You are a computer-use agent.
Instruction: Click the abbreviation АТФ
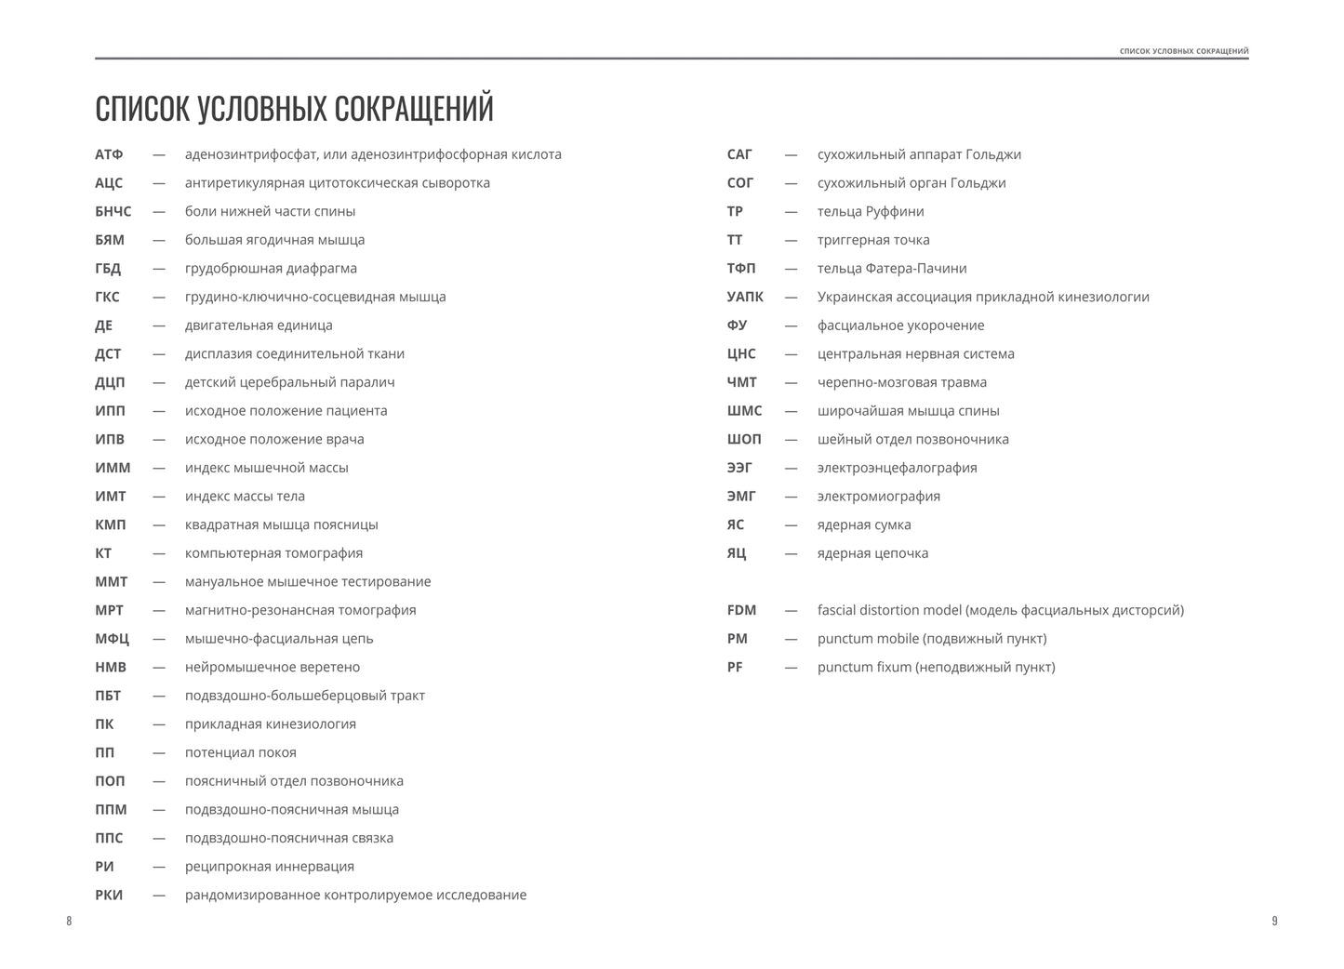(x=109, y=154)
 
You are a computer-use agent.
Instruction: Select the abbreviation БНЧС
(x=113, y=211)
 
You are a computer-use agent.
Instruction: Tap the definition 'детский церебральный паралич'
(x=289, y=382)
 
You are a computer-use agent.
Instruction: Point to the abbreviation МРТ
(x=109, y=610)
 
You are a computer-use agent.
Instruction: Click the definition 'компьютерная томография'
(x=273, y=553)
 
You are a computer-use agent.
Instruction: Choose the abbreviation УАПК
(x=745, y=297)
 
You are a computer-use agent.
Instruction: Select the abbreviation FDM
(x=741, y=610)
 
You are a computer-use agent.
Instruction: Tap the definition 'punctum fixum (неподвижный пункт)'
(x=936, y=667)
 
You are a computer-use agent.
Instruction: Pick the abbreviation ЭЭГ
(x=740, y=468)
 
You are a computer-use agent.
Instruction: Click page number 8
(x=69, y=921)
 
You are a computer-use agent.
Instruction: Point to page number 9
(x=1274, y=921)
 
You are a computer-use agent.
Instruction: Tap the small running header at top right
(x=1184, y=51)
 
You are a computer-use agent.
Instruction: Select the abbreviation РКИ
(x=109, y=895)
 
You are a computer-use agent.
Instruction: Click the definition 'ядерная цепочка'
(x=872, y=553)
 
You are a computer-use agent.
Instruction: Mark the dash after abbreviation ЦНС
(x=791, y=354)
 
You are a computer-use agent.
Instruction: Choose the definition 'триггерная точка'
(x=873, y=240)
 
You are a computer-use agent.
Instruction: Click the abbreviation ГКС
(x=107, y=297)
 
